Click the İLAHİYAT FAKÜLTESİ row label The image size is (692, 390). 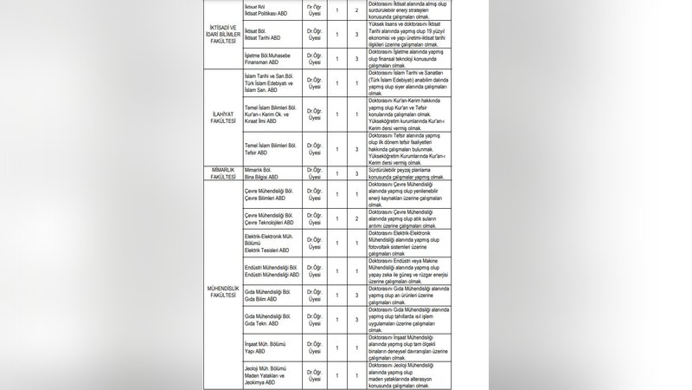click(x=223, y=114)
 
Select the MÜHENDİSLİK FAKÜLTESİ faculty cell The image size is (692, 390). click(x=223, y=290)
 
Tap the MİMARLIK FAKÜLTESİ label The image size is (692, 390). click(x=223, y=172)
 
